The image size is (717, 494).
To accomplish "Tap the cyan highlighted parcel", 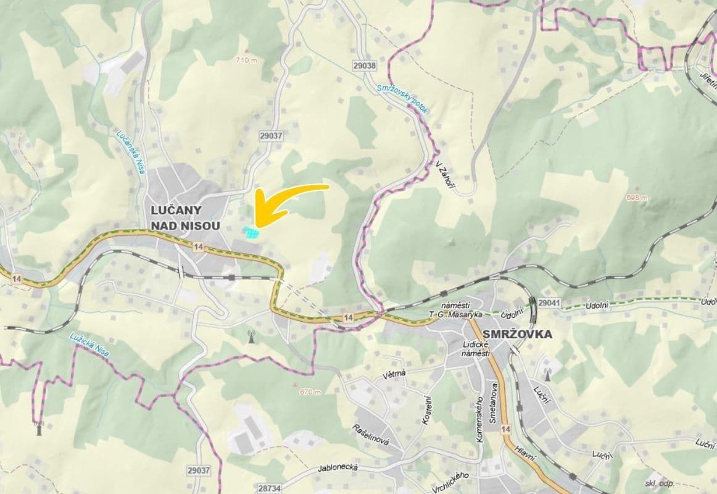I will [x=251, y=232].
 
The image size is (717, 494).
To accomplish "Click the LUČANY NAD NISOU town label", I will [x=185, y=218].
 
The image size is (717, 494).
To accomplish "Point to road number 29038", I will [x=365, y=65].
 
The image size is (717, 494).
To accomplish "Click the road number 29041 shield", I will [x=549, y=303].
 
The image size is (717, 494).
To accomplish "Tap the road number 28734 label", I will [x=270, y=488].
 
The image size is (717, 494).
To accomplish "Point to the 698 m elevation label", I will [x=637, y=198].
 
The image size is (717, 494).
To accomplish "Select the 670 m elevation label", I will [x=310, y=392].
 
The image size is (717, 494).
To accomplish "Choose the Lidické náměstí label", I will [x=476, y=348].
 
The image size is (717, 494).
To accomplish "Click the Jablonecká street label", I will [x=338, y=468].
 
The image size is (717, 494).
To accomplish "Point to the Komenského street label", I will [x=479, y=419].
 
